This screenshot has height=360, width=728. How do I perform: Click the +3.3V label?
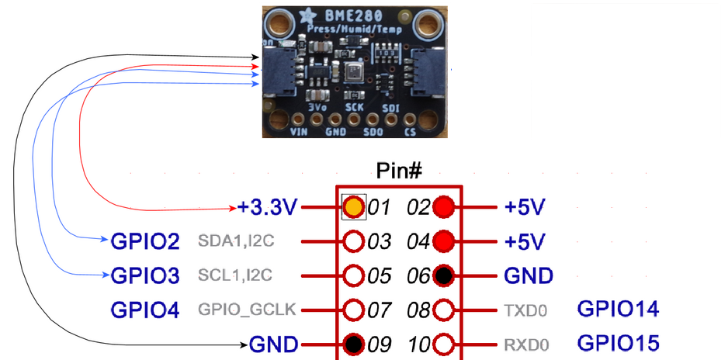(268, 208)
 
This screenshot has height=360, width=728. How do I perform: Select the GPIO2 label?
(145, 241)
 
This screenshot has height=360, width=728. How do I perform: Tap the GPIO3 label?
(145, 275)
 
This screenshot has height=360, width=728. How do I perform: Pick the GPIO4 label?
(145, 310)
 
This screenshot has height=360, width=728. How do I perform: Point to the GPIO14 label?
(618, 310)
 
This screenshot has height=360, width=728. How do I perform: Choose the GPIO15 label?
(618, 343)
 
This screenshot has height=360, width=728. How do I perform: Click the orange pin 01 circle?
(353, 207)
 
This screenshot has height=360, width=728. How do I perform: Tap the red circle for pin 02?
(443, 207)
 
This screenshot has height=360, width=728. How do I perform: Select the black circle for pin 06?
(443, 275)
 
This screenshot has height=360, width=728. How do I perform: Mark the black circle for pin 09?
(353, 343)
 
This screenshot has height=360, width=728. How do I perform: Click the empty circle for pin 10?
(443, 343)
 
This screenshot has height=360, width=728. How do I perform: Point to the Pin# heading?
(398, 170)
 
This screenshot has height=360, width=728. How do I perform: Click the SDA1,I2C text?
(236, 242)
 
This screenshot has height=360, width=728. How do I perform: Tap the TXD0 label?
(525, 311)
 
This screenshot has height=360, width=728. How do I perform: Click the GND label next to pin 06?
(529, 275)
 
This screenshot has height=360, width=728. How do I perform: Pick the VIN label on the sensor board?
(300, 133)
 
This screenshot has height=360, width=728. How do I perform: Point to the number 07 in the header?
(380, 310)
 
